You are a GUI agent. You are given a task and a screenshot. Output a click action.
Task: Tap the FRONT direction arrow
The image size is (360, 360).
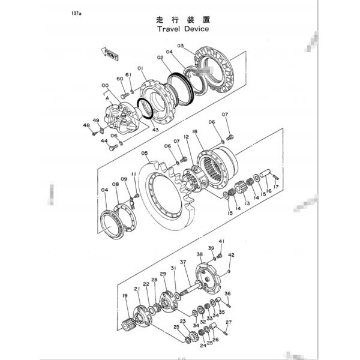(112, 56)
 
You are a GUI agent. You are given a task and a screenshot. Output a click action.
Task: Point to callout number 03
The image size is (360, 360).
(180, 46)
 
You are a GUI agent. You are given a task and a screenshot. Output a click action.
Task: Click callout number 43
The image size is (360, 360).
(155, 130)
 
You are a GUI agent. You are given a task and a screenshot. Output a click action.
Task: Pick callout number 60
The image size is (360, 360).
(120, 79)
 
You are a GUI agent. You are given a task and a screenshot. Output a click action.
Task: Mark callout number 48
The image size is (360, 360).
(86, 125)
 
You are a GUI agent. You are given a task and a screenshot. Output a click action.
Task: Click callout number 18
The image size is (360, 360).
(195, 131)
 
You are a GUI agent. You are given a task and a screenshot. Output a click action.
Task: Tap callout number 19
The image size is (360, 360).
(125, 295)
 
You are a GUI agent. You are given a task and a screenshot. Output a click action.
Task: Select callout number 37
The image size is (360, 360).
(183, 262)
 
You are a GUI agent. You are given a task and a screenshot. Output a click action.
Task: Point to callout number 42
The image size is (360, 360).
(232, 255)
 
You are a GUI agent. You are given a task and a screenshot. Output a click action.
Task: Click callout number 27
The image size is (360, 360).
(228, 322)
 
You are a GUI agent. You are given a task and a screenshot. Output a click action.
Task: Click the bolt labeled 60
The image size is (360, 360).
(123, 94)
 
